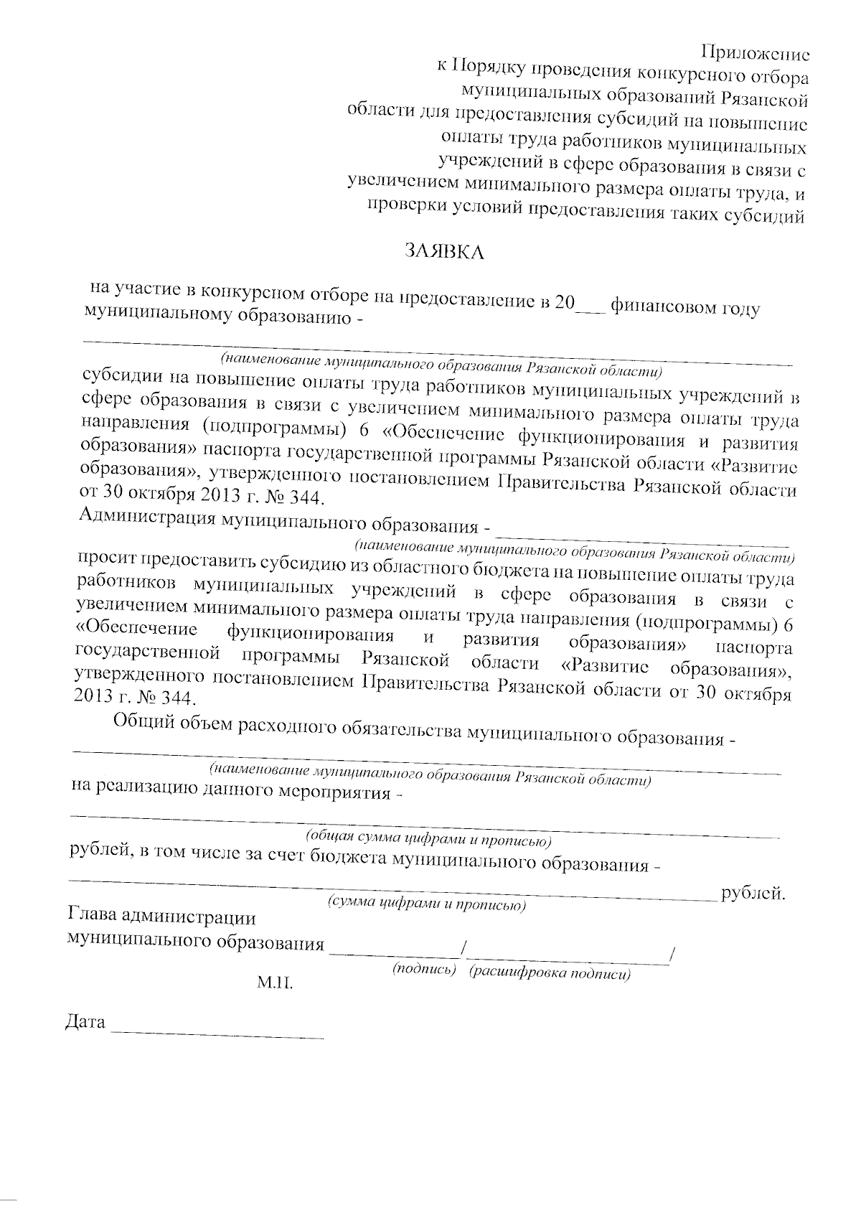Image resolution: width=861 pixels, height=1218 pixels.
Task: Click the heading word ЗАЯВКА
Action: coord(445,250)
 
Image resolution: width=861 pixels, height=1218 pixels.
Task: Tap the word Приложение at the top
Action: coord(755,52)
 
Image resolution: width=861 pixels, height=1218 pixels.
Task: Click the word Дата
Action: coord(85,1021)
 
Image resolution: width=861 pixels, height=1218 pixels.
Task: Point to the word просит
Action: coord(107,559)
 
